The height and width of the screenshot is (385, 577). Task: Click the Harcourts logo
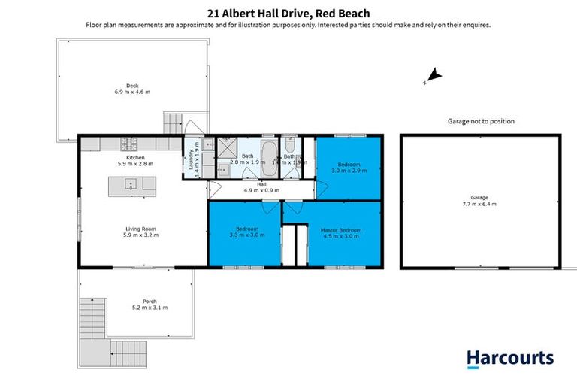point(509,359)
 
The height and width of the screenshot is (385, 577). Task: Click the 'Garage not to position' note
point(481,121)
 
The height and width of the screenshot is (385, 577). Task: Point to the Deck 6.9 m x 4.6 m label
point(132,89)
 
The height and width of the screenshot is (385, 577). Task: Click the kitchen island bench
point(132,184)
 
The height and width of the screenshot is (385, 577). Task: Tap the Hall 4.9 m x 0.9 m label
point(261,188)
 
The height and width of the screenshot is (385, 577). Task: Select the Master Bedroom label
point(340,233)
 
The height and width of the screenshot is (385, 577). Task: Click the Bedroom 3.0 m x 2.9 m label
point(349,168)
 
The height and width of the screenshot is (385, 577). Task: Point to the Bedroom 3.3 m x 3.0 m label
point(247,232)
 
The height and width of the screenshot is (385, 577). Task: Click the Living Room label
point(140,232)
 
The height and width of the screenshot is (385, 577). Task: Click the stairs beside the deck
point(174,123)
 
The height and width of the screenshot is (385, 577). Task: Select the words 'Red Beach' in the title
point(343,13)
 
